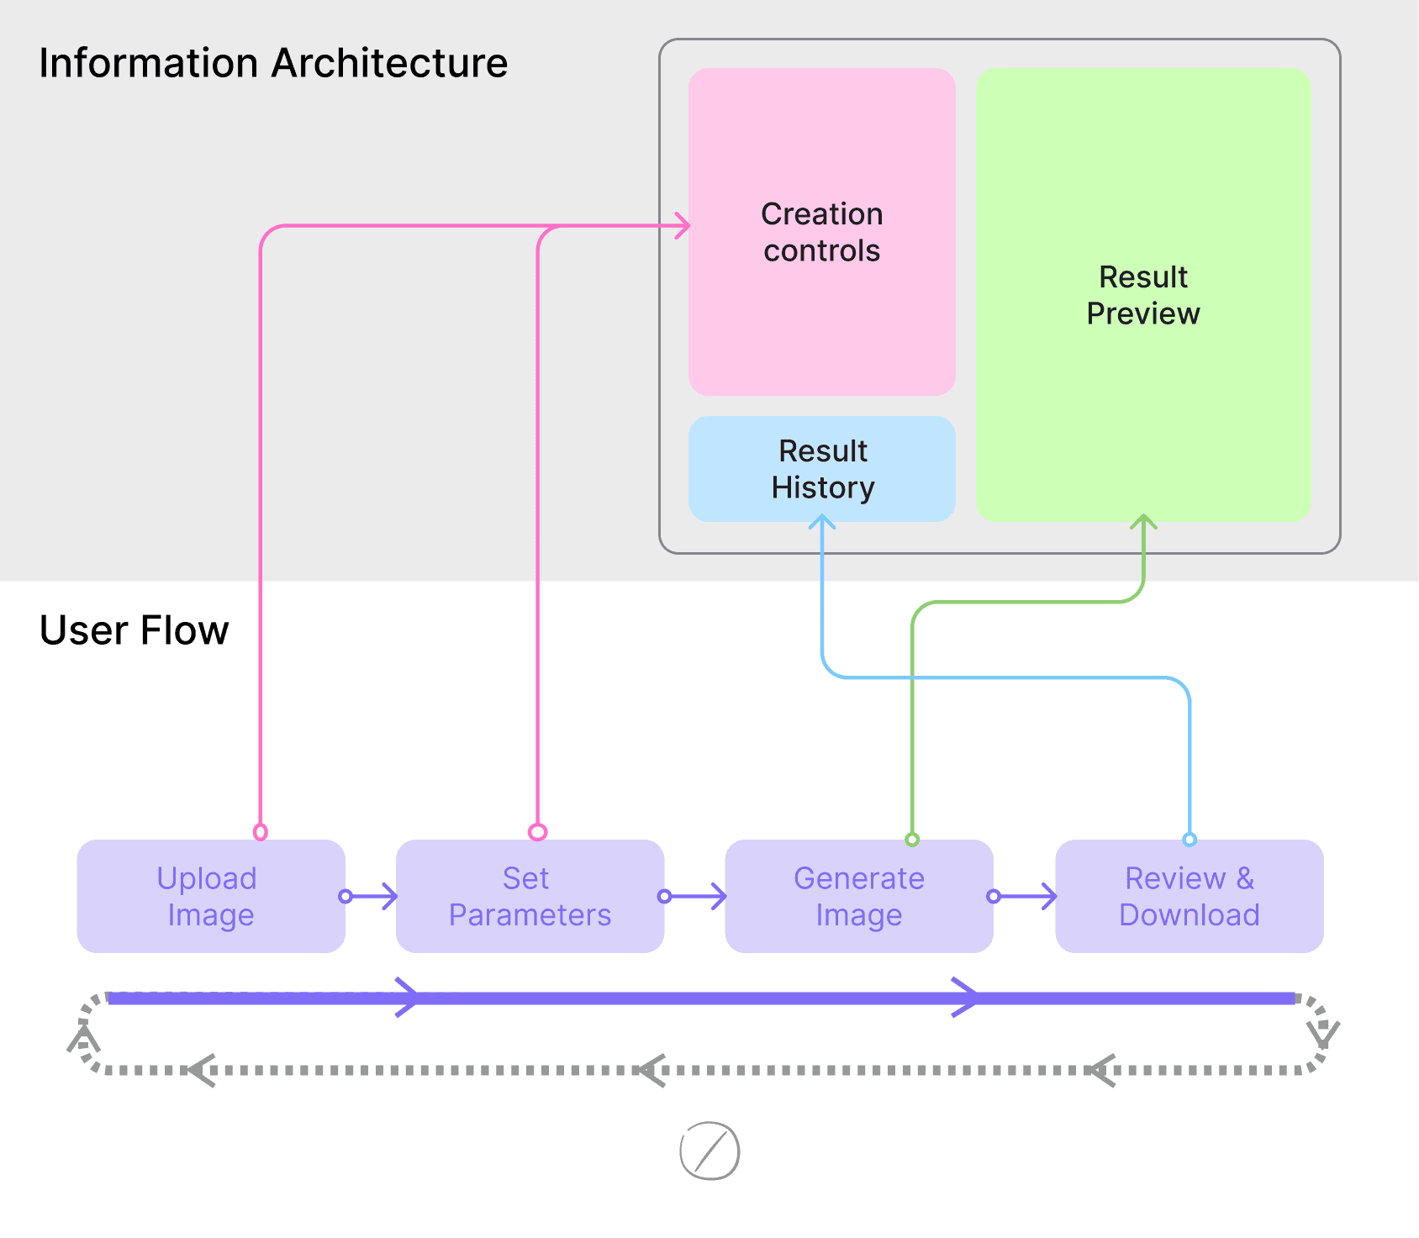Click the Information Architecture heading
click(x=273, y=63)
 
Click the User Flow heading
click(x=135, y=630)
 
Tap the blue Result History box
click(x=821, y=469)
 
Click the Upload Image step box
click(x=210, y=896)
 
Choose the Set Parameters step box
click(x=530, y=896)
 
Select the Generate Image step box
click(x=858, y=896)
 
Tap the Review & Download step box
click(x=1189, y=896)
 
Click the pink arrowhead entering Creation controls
click(x=683, y=225)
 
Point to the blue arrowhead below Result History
click(x=821, y=523)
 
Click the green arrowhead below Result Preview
click(x=1143, y=523)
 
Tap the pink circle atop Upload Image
click(x=261, y=832)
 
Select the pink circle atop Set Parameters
click(x=538, y=832)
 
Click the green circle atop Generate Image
click(x=912, y=839)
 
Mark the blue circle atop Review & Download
click(x=1190, y=839)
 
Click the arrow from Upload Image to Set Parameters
click(x=372, y=896)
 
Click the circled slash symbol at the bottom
click(x=709, y=1151)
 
